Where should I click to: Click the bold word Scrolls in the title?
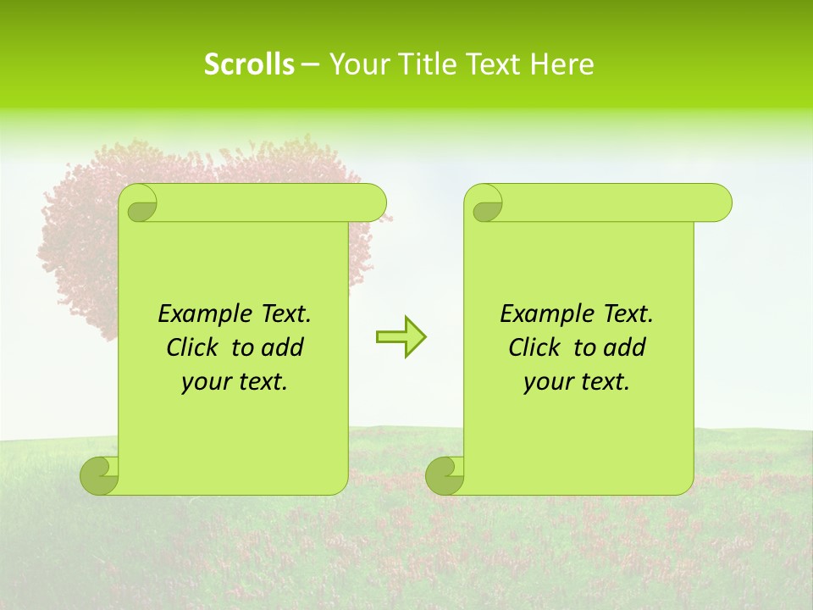[x=249, y=64]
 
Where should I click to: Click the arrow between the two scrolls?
[x=401, y=337]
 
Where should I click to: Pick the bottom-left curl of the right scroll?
[x=445, y=475]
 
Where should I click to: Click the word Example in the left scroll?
[x=202, y=314]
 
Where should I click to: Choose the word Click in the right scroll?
[x=536, y=347]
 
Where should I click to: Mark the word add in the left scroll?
[x=283, y=347]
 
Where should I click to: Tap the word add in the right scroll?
[x=625, y=347]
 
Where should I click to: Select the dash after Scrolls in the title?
[x=310, y=64]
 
